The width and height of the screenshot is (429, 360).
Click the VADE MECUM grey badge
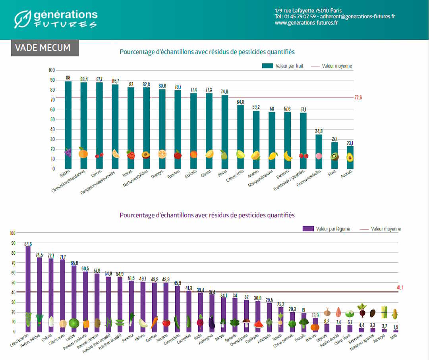pyautogui.click(x=44, y=48)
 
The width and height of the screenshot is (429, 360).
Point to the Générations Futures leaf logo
pyautogui.click(x=22, y=19)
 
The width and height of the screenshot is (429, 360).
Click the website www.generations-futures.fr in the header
pyautogui.click(x=306, y=23)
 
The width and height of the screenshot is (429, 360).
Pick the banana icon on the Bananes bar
pyautogui.click(x=288, y=156)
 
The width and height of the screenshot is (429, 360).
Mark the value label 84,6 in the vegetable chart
pyautogui.click(x=28, y=244)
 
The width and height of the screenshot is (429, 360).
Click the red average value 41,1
pyautogui.click(x=400, y=287)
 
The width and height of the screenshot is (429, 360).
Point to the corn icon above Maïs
pyautogui.click(x=395, y=314)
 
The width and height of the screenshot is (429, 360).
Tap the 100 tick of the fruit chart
pyautogui.click(x=52, y=70)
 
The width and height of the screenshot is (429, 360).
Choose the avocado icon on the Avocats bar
pyautogui.click(x=350, y=157)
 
